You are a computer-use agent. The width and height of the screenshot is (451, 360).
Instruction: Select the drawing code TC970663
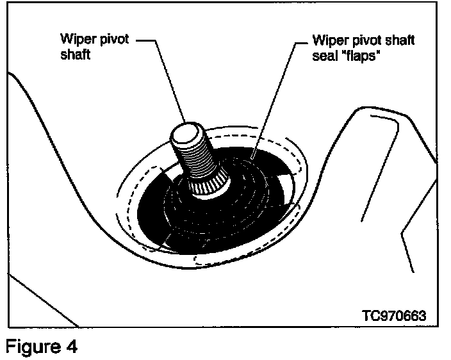click(x=393, y=316)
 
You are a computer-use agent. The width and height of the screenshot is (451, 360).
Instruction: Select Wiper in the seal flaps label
click(x=329, y=40)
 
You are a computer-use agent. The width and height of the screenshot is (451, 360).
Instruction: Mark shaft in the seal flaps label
click(x=398, y=40)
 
